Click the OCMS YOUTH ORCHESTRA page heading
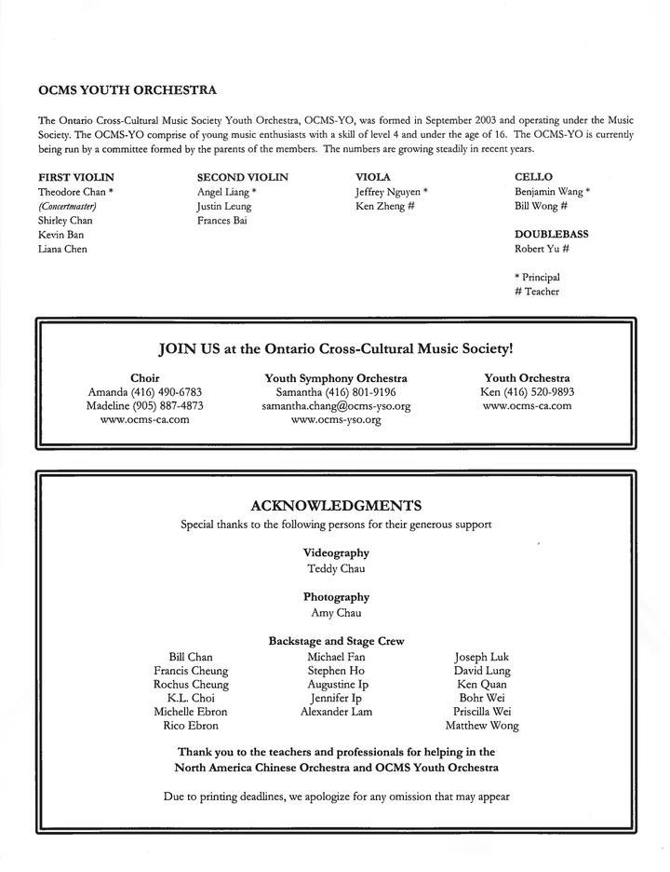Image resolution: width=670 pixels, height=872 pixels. tap(127, 91)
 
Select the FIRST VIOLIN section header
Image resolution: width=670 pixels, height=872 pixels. tap(76, 176)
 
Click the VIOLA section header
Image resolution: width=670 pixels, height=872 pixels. tap(373, 176)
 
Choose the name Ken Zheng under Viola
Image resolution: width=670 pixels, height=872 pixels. tap(379, 206)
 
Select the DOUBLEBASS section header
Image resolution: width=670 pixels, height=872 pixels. tap(552, 235)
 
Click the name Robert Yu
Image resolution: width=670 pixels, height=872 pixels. tap(536, 250)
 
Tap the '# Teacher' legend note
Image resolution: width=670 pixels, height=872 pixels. tap(537, 293)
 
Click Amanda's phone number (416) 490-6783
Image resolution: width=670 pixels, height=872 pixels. tap(163, 392)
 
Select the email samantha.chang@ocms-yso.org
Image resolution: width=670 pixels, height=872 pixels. tap(336, 406)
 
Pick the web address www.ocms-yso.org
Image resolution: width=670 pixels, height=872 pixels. tap(336, 420)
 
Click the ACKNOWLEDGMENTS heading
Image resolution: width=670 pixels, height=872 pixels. tap(336, 506)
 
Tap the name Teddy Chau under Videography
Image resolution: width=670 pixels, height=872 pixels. tap(336, 567)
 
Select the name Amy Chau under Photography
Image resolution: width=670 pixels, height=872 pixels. tap(336, 613)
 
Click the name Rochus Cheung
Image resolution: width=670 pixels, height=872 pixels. tap(192, 684)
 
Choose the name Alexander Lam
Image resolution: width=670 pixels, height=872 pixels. tap(336, 712)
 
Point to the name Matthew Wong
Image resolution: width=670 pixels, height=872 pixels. tap(482, 726)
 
